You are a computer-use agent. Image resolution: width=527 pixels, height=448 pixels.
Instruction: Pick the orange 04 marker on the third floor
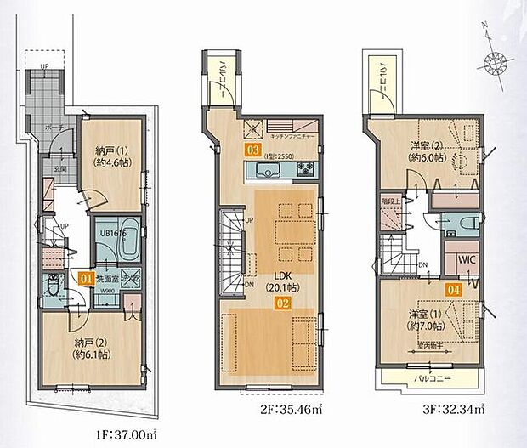point(455,288)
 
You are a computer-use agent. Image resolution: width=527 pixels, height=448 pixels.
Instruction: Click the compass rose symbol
point(495,61)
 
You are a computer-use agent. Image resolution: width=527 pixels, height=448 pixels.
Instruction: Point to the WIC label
point(467,258)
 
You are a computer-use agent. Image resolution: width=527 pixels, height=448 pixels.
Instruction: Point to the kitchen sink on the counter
point(264,173)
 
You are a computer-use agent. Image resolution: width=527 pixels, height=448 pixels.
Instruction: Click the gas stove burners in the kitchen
point(304,168)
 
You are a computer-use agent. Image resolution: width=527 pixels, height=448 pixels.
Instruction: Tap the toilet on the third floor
point(467,222)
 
